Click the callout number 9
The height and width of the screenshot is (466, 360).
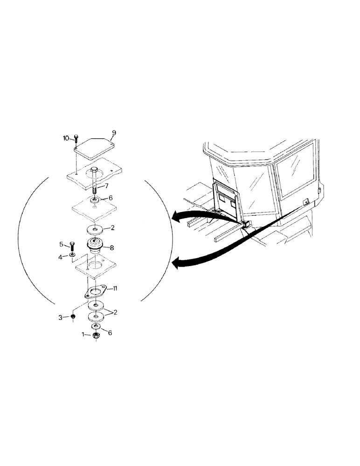pos(114,133)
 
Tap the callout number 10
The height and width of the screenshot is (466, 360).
pos(66,138)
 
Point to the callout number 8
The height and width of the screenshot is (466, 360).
pos(112,248)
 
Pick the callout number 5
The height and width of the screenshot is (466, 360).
pos(61,244)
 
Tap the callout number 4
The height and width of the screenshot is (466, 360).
pos(61,256)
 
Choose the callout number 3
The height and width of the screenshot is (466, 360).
pos(61,318)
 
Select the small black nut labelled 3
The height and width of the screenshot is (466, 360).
pos(73,317)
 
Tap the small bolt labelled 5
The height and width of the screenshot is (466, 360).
pos(72,247)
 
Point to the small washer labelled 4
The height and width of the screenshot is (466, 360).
pos(73,256)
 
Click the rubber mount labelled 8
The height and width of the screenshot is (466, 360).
pos(96,245)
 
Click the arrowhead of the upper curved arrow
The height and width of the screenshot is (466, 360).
pos(174,216)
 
